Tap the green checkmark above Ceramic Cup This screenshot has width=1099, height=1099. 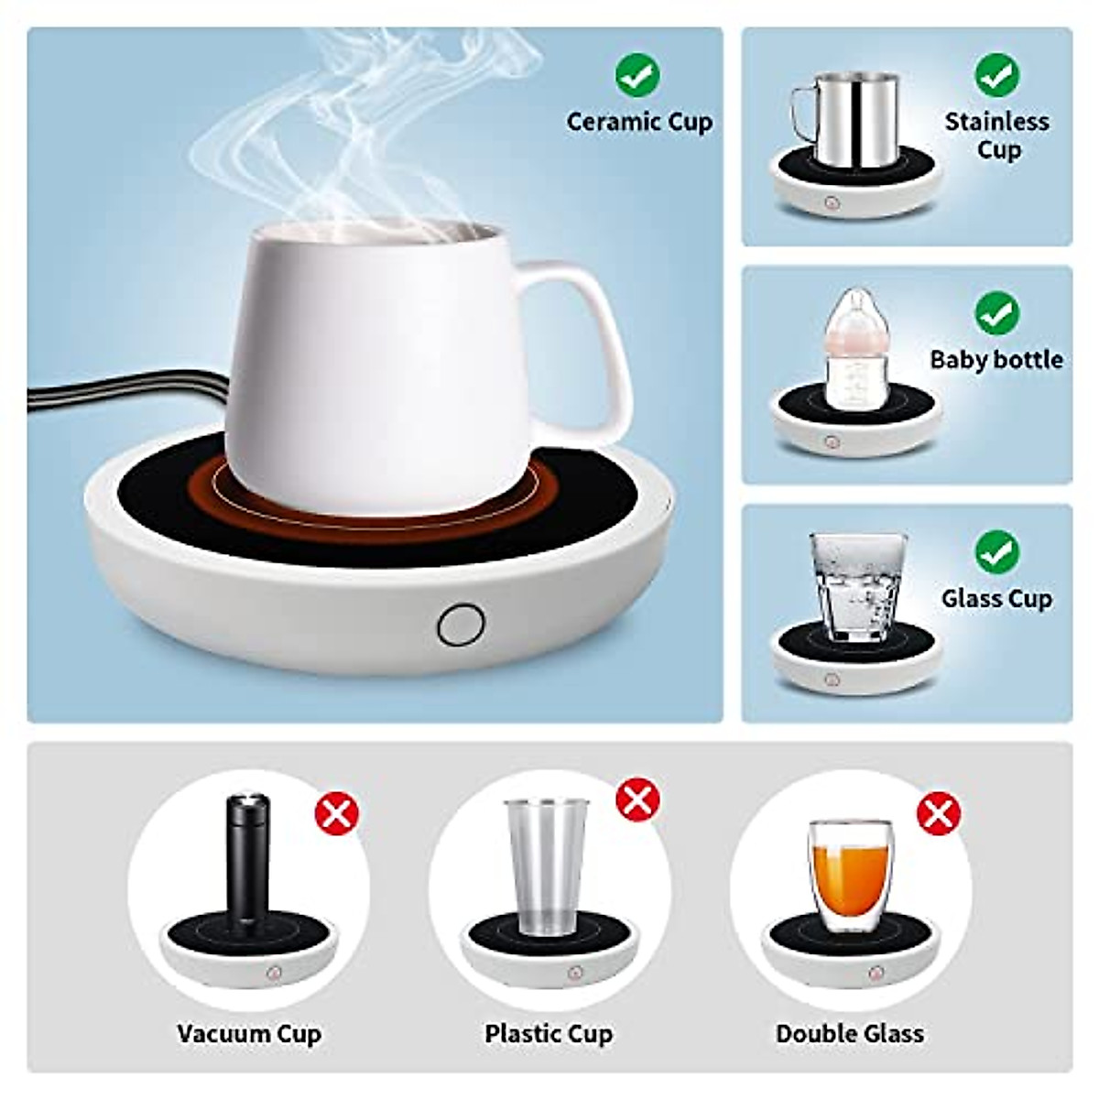point(637,74)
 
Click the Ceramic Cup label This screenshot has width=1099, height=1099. point(639,122)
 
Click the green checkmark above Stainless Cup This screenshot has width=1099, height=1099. point(996,74)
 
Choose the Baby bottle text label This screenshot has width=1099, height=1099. point(996,359)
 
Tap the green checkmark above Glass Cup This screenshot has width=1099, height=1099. point(996,551)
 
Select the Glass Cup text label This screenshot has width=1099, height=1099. point(996,599)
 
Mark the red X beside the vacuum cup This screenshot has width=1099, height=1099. point(337,813)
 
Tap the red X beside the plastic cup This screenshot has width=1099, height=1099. point(637,800)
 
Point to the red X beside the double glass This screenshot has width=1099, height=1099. point(939,813)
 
